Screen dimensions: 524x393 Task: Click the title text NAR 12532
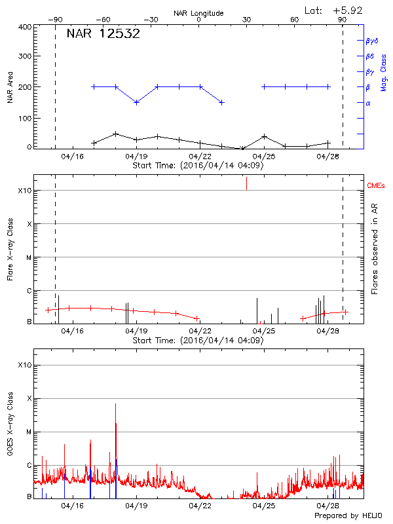(x=103, y=34)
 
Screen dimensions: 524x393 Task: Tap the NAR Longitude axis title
(x=198, y=13)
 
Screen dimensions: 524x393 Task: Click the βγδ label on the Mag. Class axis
(x=371, y=41)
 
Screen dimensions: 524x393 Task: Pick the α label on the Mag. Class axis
(x=368, y=103)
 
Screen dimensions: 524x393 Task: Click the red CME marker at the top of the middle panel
(x=246, y=183)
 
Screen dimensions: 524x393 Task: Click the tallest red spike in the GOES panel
(x=115, y=405)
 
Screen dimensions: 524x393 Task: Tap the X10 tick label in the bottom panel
(x=25, y=365)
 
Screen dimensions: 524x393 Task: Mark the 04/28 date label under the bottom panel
(x=327, y=506)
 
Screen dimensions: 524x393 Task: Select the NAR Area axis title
(x=10, y=88)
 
